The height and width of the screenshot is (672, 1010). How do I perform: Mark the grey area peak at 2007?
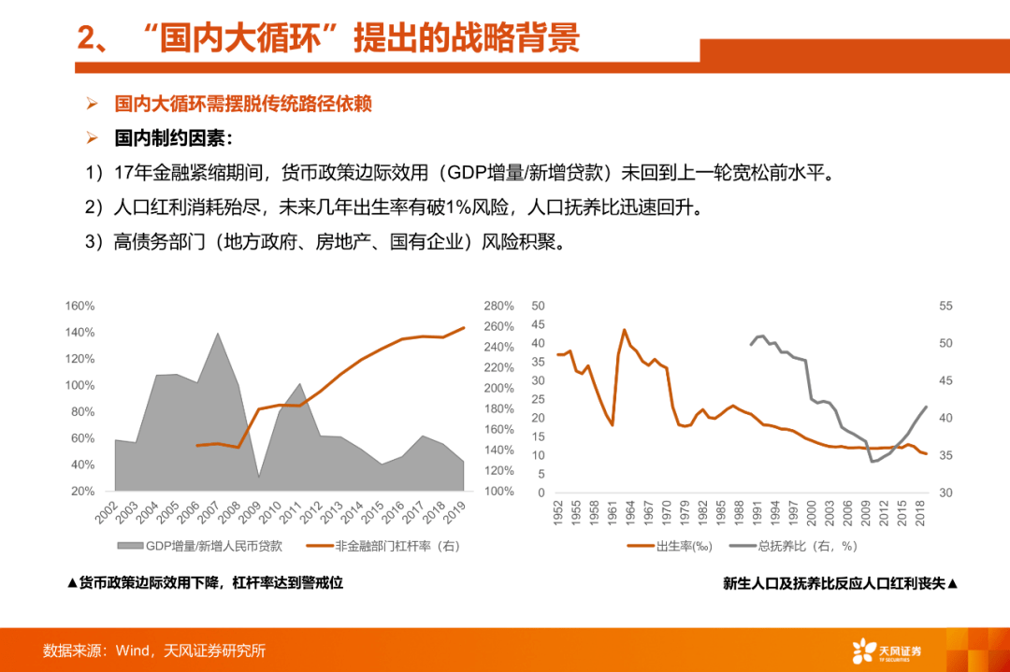[x=218, y=333]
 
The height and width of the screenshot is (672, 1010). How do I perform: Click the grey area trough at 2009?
[x=259, y=477]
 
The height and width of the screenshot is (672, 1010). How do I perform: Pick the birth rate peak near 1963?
[x=624, y=330]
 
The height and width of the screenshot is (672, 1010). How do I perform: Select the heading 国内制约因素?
[x=173, y=138]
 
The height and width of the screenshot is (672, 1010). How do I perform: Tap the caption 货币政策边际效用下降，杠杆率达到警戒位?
[x=205, y=582]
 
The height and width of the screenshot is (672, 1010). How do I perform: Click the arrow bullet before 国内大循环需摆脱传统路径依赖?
[x=92, y=103]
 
